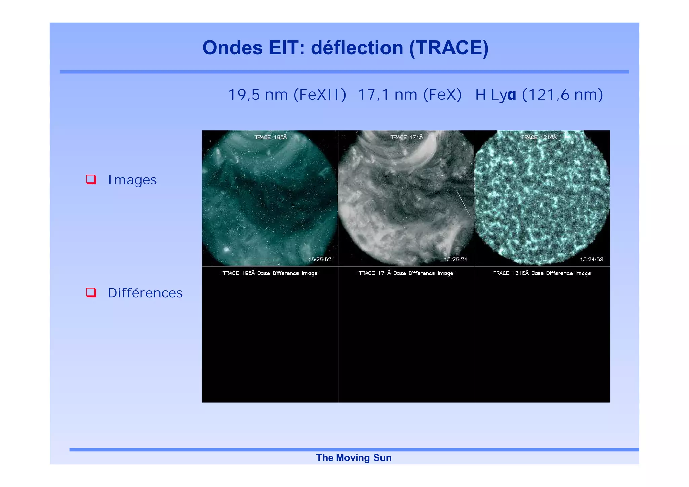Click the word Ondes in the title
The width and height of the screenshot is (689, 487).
tap(232, 48)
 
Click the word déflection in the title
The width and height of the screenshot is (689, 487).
tap(357, 48)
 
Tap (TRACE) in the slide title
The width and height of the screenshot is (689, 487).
tap(449, 48)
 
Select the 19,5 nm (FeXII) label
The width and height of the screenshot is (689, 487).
tap(287, 95)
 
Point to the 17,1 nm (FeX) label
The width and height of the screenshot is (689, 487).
tap(409, 95)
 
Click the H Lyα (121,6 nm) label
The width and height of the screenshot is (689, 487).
tap(539, 95)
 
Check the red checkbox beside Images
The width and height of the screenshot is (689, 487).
tap(91, 179)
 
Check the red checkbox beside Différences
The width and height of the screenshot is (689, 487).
tap(91, 292)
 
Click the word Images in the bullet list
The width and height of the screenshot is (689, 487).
tap(132, 180)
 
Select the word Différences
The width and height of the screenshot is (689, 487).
tap(145, 293)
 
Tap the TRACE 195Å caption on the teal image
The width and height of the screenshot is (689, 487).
tap(270, 137)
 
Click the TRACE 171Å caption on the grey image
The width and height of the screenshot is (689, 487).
tap(406, 137)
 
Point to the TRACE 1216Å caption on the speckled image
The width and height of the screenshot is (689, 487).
tap(539, 137)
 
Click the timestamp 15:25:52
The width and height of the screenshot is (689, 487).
tap(320, 259)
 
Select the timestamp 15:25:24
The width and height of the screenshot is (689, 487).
tap(456, 259)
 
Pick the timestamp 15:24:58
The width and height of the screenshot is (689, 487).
tap(591, 259)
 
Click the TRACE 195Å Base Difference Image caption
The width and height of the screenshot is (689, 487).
tap(270, 273)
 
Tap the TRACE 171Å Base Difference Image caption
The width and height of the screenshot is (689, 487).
tap(406, 273)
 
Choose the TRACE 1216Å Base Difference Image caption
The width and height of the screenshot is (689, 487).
tap(542, 273)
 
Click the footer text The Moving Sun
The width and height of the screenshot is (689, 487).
tap(354, 458)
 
